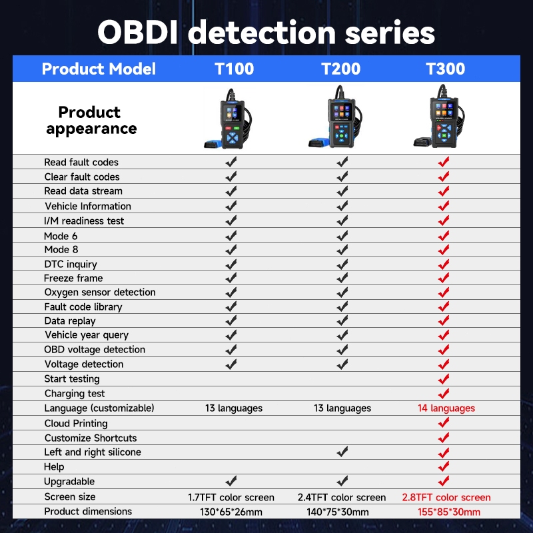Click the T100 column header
234,69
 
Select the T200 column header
340,69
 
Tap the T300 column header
445,69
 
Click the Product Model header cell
99,69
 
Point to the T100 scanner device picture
230,120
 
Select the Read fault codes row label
81,162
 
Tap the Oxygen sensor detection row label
100,292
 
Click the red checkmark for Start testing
444,378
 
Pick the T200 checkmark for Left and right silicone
342,452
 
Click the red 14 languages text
446,408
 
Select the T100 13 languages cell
233,408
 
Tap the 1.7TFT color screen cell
231,497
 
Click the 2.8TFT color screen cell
446,497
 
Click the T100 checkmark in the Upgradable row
231,481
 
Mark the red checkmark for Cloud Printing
444,422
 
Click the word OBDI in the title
141,31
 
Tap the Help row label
55,467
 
